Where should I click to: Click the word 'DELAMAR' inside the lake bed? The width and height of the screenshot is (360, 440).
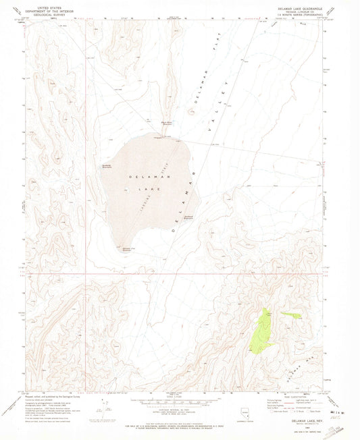click(138, 177)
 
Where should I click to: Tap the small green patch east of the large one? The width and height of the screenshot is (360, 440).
click(292, 315)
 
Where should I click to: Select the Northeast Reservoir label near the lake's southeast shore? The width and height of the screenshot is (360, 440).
click(189, 217)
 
